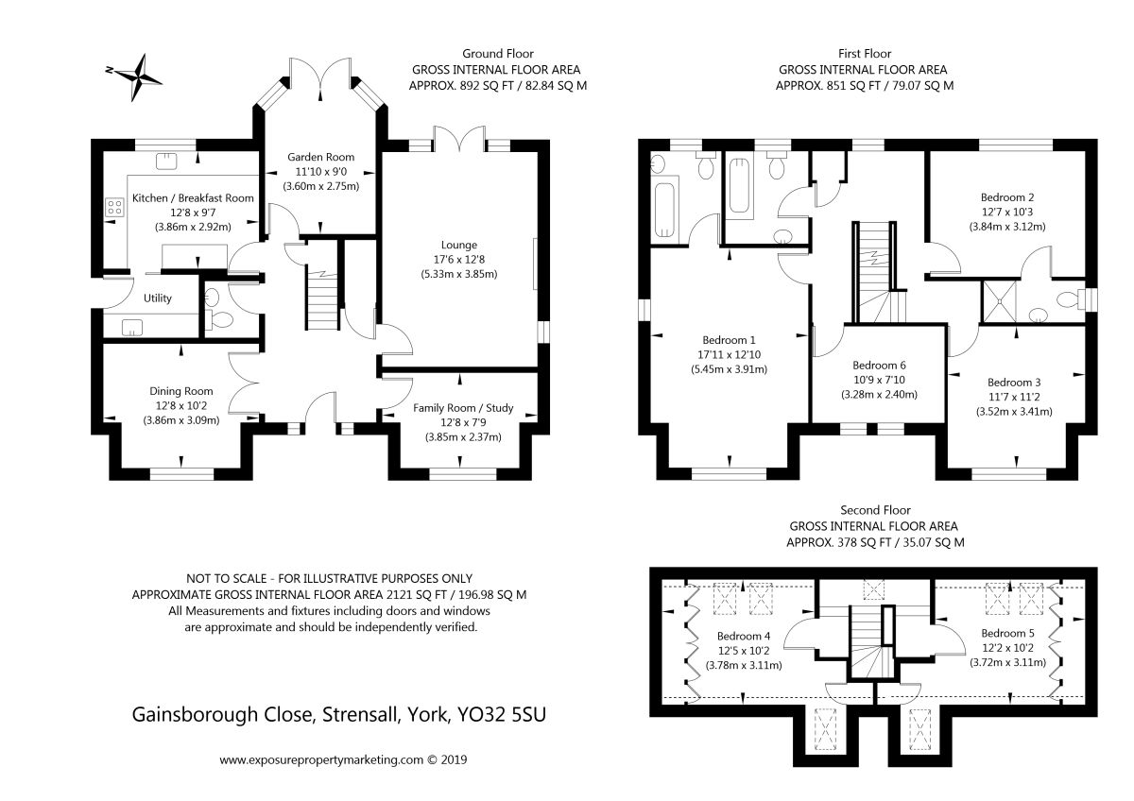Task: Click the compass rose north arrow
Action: point(133,77)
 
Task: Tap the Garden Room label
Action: point(321,157)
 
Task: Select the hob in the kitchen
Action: point(115,207)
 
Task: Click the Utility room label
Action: point(158,298)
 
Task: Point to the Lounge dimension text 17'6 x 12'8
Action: point(459,260)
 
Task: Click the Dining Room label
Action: point(181,391)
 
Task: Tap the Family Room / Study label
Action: point(463,408)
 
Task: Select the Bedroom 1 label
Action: point(729,340)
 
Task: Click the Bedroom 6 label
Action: point(880,366)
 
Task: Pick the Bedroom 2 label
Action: point(1007,197)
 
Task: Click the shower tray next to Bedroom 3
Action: point(1000,301)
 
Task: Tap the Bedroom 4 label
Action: point(744,636)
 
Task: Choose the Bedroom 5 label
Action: point(1008,633)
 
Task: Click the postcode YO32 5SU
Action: point(502,714)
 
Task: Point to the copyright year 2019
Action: point(455,760)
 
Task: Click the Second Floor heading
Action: point(876,510)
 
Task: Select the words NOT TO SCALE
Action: point(226,578)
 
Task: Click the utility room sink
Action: point(132,328)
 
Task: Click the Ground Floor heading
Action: point(498,54)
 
